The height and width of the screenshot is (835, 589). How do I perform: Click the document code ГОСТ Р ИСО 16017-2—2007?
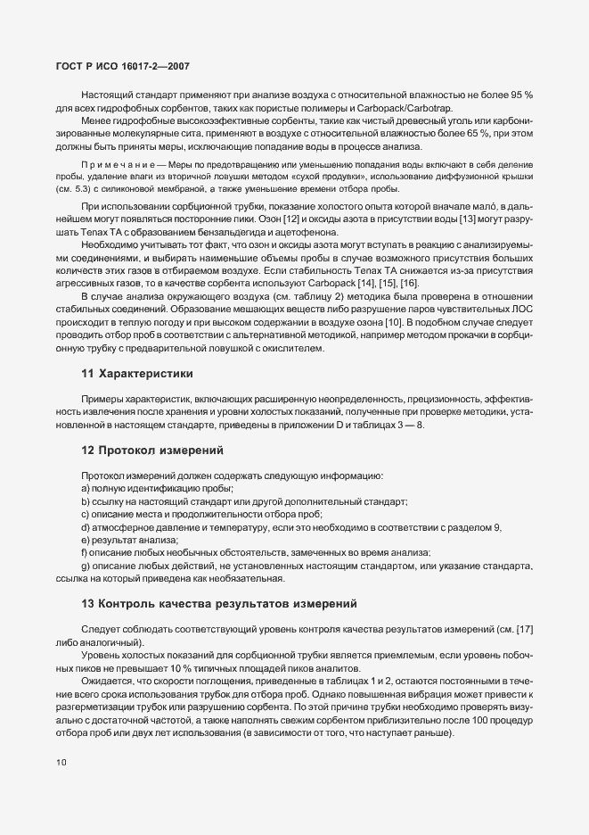pyautogui.click(x=116, y=67)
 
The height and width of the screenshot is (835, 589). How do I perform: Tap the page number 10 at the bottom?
pyautogui.click(x=61, y=763)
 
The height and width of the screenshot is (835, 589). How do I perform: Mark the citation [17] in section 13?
pyautogui.click(x=523, y=631)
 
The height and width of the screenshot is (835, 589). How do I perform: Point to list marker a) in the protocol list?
pyautogui.click(x=86, y=490)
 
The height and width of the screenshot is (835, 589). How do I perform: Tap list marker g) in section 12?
pyautogui.click(x=86, y=566)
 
